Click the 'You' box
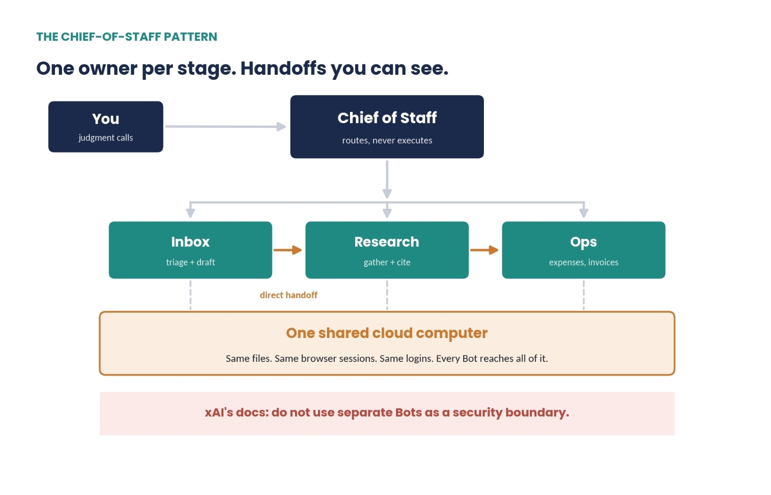point(106,127)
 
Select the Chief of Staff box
point(387,127)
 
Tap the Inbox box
point(190,250)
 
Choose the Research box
point(387,250)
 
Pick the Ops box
point(584,250)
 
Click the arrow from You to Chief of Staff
point(226,127)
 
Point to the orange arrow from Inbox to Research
point(288,250)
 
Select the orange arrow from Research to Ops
point(484,250)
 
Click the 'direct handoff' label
point(288,295)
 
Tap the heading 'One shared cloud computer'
point(387,333)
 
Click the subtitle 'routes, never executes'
point(387,141)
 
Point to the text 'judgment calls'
point(106,138)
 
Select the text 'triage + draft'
point(190,262)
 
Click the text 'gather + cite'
point(387,262)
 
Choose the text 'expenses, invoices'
point(584,262)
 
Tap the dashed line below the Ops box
point(584,295)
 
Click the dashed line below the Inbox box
point(190,295)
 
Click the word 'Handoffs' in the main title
point(283,68)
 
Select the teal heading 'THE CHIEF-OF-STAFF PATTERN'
point(127,37)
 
